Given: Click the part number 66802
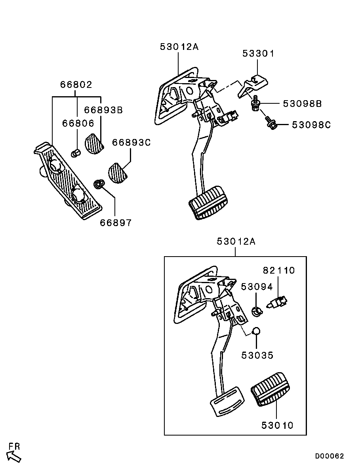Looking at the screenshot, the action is point(76,84).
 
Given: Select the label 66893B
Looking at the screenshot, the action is point(103,110).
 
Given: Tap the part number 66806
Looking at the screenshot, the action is point(78,123).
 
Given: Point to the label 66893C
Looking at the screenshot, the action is point(131,143).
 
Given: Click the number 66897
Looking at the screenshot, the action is point(116,223).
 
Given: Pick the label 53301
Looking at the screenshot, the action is point(258,53).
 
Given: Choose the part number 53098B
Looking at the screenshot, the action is point(303,104).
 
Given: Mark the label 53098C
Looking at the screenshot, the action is point(311,125).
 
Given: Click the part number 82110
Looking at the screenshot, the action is point(279,270).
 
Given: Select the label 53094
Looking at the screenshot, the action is point(257,287).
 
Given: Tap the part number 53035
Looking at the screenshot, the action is point(257,355).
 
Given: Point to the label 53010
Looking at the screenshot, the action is point(277,425).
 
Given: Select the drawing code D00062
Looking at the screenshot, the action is point(330,456).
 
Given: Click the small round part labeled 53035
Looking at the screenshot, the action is point(256,331).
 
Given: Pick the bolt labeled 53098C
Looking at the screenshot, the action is point(270,123).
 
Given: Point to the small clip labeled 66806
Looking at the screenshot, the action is point(76,153).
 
